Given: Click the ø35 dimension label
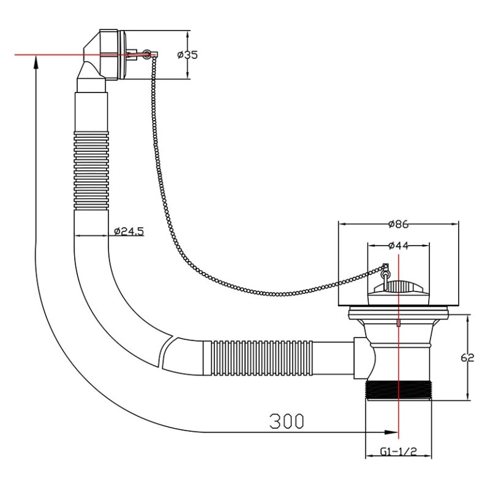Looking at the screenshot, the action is click(x=187, y=55).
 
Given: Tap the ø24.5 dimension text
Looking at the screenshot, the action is click(x=129, y=232).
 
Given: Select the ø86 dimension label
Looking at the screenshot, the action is click(x=399, y=224).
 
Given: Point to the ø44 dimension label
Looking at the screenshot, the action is click(x=399, y=246).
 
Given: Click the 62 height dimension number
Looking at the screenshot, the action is click(x=467, y=358).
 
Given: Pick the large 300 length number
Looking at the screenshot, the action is click(x=287, y=421).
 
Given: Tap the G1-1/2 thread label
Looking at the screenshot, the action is click(x=399, y=451).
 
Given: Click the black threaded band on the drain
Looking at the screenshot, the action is click(x=399, y=389).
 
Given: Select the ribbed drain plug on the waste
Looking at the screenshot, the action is click(x=398, y=288).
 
